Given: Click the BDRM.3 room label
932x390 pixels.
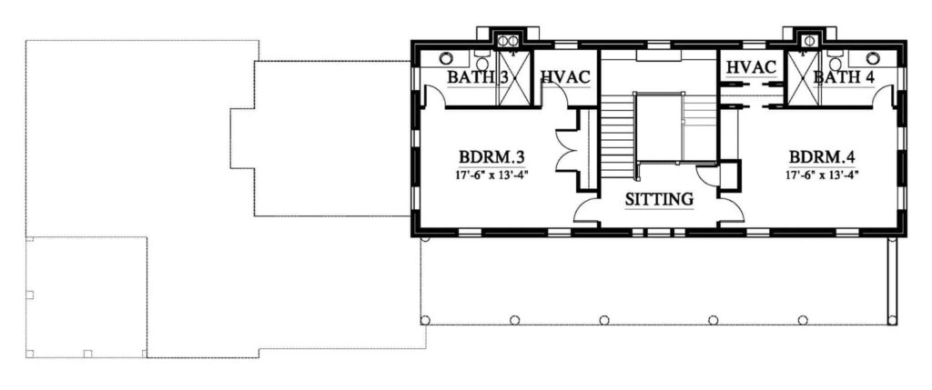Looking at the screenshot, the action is (491, 157).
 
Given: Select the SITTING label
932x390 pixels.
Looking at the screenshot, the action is (659, 199).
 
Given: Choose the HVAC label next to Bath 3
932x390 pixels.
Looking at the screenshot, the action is (564, 76).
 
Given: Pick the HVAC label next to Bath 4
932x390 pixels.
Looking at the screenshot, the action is (752, 67).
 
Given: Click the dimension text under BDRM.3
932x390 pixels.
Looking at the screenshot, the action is (491, 175).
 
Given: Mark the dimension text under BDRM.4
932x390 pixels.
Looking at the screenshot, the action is (822, 175).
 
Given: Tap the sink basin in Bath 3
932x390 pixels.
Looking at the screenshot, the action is (446, 58).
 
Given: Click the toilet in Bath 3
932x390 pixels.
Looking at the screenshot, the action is (482, 62).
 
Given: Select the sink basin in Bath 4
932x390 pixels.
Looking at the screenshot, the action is (873, 58).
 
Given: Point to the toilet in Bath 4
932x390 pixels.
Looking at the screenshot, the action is (836, 62).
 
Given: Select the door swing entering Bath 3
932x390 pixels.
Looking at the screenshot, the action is (435, 95).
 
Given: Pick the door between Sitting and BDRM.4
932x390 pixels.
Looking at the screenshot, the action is (731, 212).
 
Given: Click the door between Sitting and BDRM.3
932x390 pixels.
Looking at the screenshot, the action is (585, 212).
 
